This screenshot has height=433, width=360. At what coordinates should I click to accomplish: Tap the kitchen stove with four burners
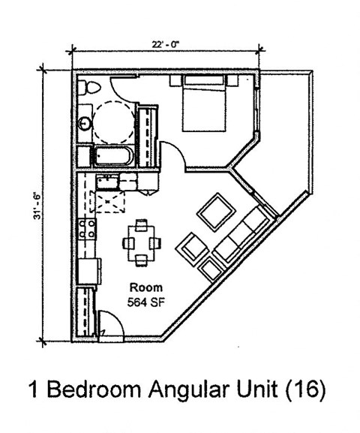click(x=86, y=228)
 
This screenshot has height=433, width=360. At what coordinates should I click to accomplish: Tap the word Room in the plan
click(x=145, y=287)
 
